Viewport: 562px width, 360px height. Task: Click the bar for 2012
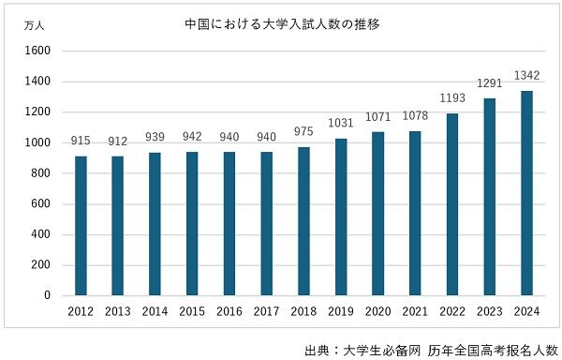81,226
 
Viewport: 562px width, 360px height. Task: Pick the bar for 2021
415,214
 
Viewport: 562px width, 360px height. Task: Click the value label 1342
525,75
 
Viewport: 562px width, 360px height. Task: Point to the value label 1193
451,97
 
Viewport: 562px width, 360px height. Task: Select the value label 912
119,140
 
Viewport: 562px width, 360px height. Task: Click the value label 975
303,131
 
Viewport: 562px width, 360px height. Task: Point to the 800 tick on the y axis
39,173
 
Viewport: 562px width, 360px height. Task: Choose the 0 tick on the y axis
46,295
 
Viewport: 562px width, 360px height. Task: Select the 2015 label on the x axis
193,311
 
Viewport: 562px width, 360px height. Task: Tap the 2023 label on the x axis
489,311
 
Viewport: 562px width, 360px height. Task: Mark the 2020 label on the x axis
377,311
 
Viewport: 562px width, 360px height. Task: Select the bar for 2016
229,224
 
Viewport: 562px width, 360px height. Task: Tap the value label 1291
489,82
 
